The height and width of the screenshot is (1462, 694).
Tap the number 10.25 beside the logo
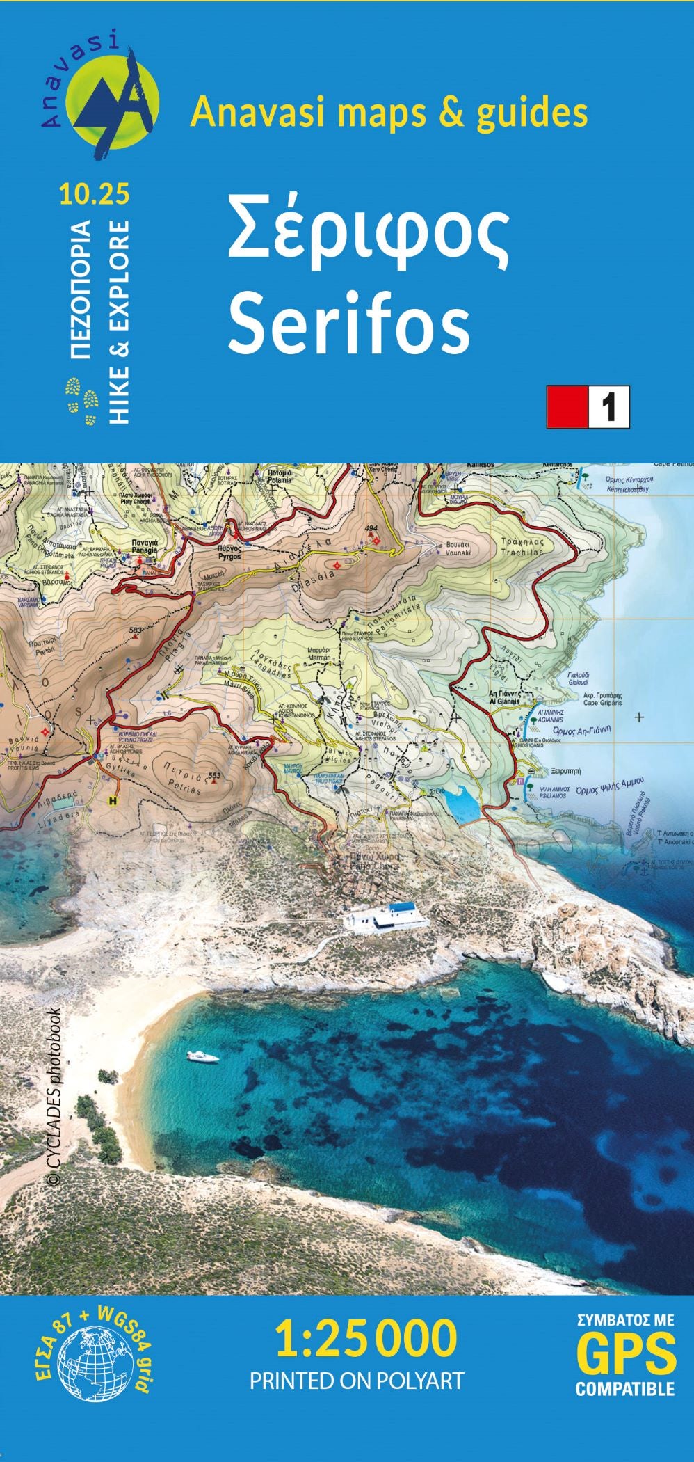click(x=95, y=194)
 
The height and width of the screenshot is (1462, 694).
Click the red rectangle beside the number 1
click(x=567, y=407)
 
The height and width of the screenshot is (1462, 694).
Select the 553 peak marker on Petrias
click(x=214, y=776)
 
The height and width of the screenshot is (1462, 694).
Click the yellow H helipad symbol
click(x=111, y=801)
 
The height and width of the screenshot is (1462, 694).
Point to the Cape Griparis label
click(x=602, y=699)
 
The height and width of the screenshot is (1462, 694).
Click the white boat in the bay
click(x=203, y=1057)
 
